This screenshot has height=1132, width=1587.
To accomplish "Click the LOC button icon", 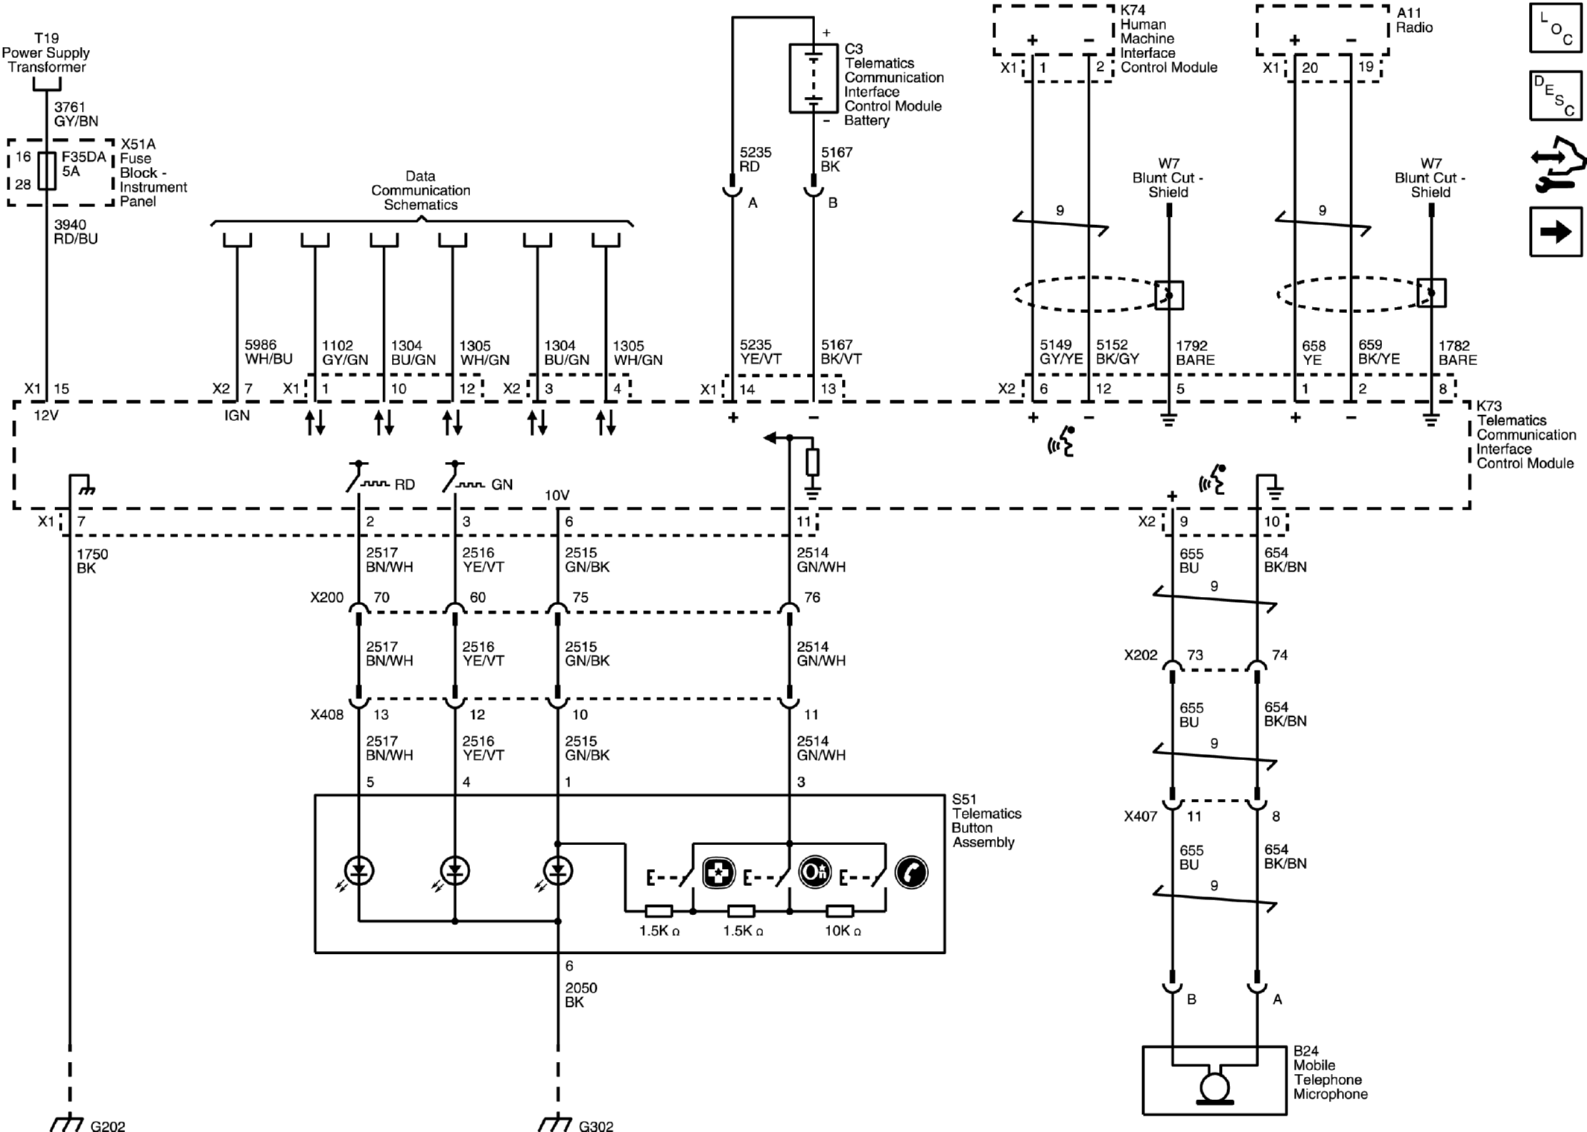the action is [1556, 28].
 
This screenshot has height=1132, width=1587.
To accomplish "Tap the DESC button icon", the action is [1556, 95].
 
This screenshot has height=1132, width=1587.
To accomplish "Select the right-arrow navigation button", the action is [1556, 233].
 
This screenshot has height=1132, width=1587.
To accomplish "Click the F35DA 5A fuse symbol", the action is [47, 171].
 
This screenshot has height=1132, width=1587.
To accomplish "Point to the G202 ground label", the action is [107, 1125].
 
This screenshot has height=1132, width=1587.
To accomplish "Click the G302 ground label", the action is [596, 1125].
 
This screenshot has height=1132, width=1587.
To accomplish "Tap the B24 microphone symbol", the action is [1214, 1087].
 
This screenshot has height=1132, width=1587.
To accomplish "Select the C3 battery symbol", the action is [813, 78].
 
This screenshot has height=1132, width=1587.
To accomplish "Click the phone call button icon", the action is [911, 873].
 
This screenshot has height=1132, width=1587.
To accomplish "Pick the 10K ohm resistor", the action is [840, 911].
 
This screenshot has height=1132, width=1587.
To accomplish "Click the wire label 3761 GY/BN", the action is [76, 114].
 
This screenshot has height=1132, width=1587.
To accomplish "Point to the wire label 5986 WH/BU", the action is [268, 352].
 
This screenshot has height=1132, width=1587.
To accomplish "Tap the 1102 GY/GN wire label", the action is [345, 352].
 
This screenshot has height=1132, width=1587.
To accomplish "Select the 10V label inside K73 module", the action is [557, 496].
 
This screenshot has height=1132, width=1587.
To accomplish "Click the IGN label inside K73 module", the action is [237, 415].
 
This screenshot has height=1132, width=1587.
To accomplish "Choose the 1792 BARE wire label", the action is [1195, 352].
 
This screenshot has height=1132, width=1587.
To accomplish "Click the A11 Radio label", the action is [1414, 20].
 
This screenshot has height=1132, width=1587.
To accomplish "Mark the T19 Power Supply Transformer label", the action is [45, 52].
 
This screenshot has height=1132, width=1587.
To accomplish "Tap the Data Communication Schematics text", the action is [420, 190].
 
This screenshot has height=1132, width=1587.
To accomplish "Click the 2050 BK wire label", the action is [581, 995].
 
